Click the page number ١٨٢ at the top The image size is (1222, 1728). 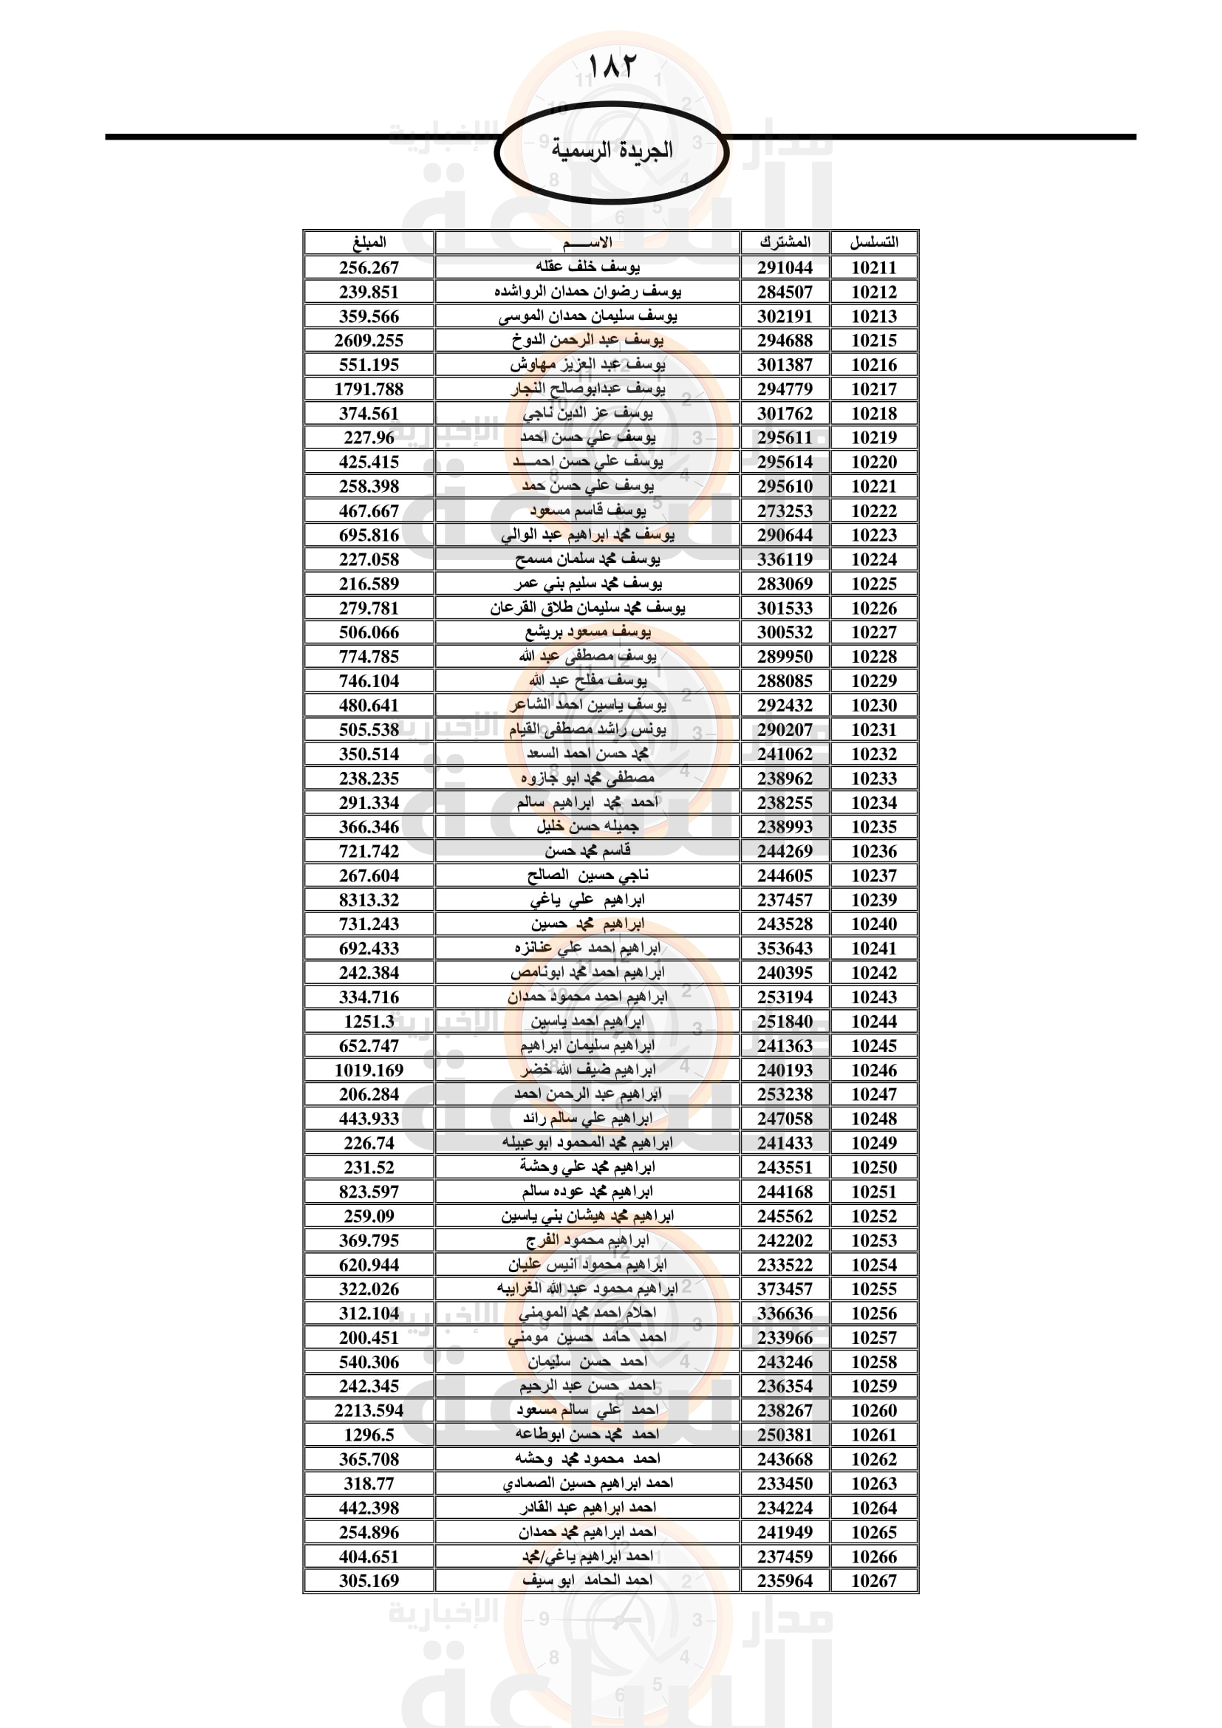pos(610,67)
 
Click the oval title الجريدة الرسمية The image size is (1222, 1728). pos(611,151)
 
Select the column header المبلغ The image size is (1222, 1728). pos(369,242)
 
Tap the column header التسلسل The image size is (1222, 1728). pos(873,242)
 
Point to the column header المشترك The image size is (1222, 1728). pos(785,242)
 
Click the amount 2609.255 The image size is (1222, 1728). pos(369,340)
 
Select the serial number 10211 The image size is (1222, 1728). pos(873,267)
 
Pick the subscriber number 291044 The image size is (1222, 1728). pos(785,267)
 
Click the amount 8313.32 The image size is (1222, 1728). pos(369,900)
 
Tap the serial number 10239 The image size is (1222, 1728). pos(873,900)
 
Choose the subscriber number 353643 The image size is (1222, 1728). pos(785,949)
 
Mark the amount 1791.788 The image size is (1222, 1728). pos(369,389)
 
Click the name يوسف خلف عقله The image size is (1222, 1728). pos(587,267)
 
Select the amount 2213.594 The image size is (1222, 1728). pos(369,1410)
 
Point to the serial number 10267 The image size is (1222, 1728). pos(873,1580)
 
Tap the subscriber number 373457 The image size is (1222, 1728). pos(785,1288)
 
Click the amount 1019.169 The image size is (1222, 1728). pos(369,1070)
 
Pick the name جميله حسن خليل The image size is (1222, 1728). pos(587,827)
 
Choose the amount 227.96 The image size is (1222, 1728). pos(369,437)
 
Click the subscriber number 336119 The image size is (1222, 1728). pos(785,559)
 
